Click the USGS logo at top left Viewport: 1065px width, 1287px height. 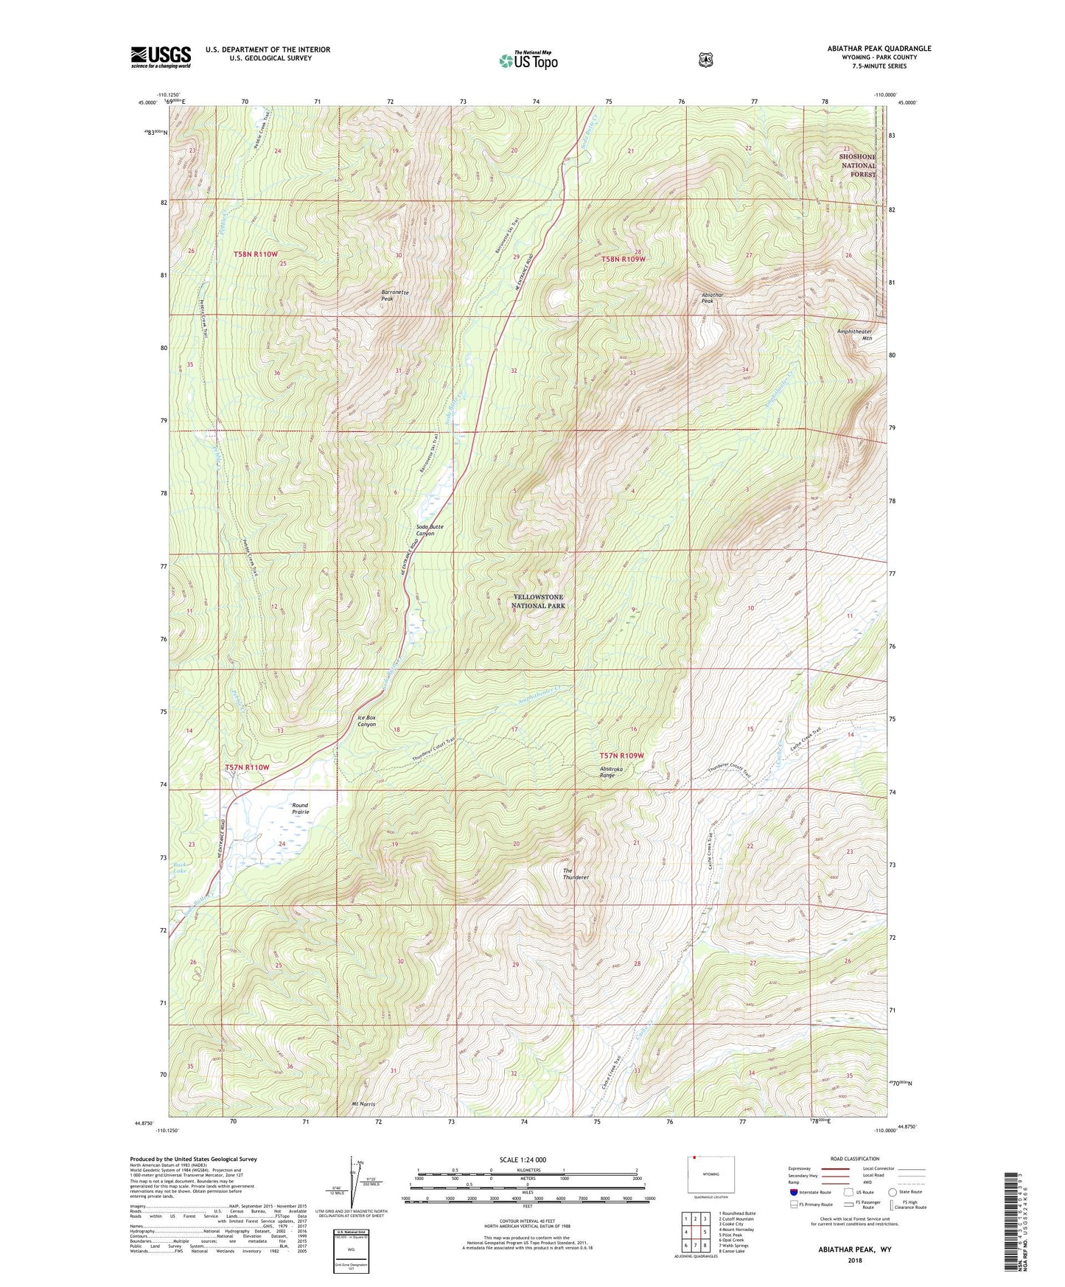pyautogui.click(x=161, y=57)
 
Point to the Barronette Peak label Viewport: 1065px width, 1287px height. pyautogui.click(x=395, y=296)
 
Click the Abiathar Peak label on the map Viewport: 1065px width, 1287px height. pyautogui.click(x=712, y=298)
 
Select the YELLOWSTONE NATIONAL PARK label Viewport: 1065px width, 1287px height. pyautogui.click(x=538, y=601)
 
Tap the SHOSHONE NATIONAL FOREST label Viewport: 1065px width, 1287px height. pyautogui.click(x=856, y=166)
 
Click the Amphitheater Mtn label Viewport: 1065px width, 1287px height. pyautogui.click(x=854, y=335)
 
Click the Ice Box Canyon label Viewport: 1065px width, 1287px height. pyautogui.click(x=366, y=721)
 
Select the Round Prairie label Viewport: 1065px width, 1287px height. pyautogui.click(x=300, y=809)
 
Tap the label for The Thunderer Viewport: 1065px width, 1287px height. pyautogui.click(x=575, y=873)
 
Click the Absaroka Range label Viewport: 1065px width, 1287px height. pyautogui.click(x=607, y=772)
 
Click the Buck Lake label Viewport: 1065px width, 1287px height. pyautogui.click(x=181, y=867)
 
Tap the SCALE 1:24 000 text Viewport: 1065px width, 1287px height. pyautogui.click(x=523, y=1159)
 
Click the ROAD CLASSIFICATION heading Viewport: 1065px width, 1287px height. pyautogui.click(x=855, y=1159)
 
